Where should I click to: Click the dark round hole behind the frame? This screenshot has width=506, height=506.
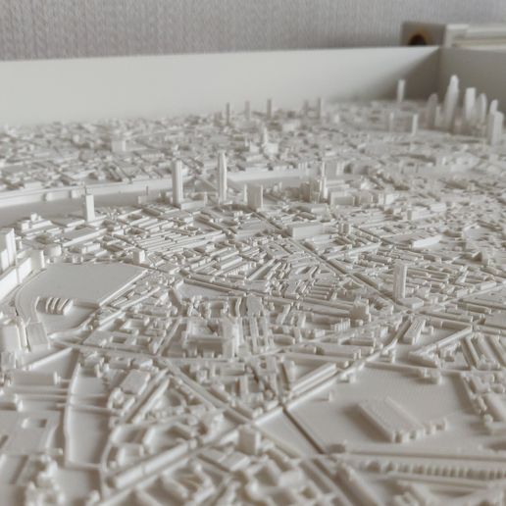click(x=418, y=39)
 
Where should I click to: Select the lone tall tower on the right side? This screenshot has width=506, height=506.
click(x=400, y=280)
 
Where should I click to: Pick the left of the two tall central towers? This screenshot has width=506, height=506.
click(x=177, y=181)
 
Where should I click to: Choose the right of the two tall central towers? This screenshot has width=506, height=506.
click(x=223, y=177)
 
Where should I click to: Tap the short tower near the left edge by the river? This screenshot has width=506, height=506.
click(x=89, y=207)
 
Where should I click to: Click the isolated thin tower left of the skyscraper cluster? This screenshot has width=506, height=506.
click(x=400, y=90)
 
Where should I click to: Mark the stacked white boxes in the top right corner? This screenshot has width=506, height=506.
click(x=471, y=35)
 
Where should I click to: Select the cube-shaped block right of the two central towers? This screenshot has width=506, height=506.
click(x=255, y=197)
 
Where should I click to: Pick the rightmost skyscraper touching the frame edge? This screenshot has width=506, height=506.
click(x=495, y=126)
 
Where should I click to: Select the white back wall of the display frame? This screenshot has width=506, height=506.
click(x=196, y=83)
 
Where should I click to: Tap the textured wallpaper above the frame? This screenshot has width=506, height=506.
click(x=196, y=25)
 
